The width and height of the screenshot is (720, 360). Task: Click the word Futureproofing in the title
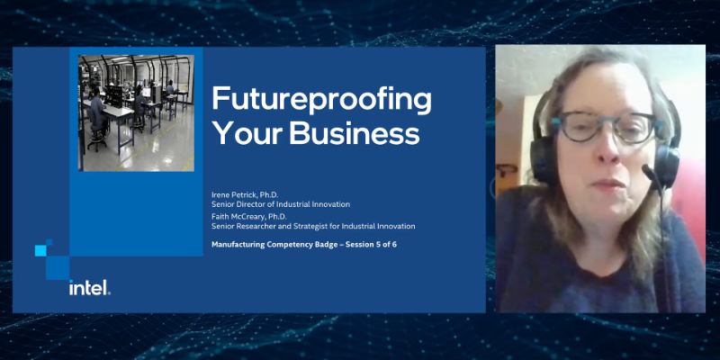click(320, 98)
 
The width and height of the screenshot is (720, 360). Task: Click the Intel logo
click(89, 288)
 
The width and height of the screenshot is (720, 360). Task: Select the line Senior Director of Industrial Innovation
click(280, 204)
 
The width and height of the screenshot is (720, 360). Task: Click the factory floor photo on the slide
click(136, 112)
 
